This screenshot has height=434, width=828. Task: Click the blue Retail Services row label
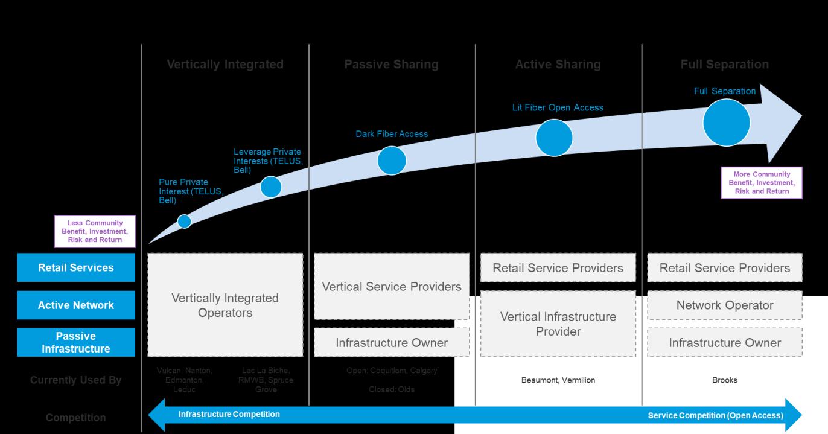pos(76,267)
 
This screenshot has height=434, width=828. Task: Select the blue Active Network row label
pos(76,305)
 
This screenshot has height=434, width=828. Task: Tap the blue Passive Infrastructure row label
pos(76,342)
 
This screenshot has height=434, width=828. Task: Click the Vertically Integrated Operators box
pos(225,305)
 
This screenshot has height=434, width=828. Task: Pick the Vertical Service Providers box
pos(392,287)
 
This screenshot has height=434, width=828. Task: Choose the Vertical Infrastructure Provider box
pos(558,324)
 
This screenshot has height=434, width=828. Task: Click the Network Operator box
pos(725,305)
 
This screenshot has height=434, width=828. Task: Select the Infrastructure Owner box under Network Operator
pos(725,343)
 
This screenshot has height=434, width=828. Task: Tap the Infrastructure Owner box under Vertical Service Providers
pos(392,343)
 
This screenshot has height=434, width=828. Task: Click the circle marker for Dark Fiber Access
pos(392,161)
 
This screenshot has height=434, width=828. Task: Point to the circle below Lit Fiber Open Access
pos(554,138)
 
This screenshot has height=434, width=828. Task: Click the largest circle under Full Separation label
pos(726,123)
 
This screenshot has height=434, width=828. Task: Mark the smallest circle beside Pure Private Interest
pos(185,222)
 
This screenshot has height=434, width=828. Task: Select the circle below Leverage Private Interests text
pos(271,187)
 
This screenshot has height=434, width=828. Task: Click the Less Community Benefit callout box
pos(95,231)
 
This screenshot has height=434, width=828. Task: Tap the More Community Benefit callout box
pos(762,183)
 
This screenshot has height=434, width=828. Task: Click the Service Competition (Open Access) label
pos(715,415)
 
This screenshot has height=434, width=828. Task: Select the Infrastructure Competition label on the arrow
pos(229,415)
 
